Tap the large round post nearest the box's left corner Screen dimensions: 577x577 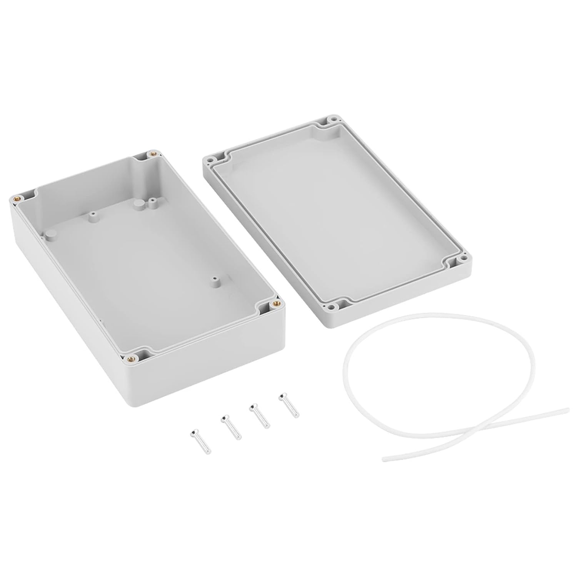click(x=50, y=234)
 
